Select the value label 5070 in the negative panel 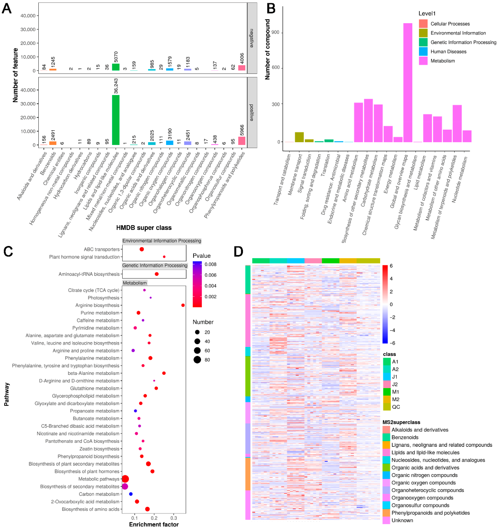116,57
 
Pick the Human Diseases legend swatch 423,51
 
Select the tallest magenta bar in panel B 408,82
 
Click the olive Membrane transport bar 299,137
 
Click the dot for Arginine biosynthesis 183,305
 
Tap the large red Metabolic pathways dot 125,479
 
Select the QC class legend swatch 387,407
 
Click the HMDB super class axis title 144,228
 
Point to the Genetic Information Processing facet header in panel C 155,266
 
